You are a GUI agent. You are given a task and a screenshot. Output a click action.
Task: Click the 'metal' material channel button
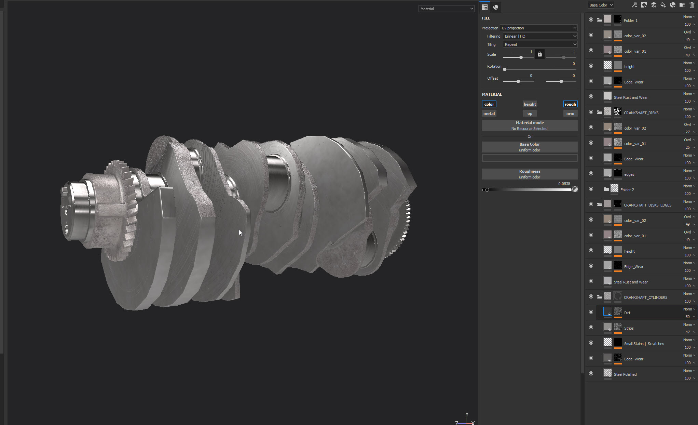coord(489,114)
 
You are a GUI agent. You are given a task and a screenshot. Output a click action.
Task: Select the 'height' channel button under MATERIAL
coord(530,104)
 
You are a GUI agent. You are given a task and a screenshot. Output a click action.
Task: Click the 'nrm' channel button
coord(570,114)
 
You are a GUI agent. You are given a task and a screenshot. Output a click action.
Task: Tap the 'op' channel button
coord(530,114)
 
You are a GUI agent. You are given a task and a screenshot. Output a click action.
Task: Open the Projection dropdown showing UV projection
coord(538,28)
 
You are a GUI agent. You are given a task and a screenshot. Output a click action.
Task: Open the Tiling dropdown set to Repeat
coord(540,44)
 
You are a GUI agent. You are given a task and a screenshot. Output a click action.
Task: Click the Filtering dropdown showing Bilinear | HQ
coord(540,36)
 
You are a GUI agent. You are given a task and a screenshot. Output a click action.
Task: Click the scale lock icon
coord(539,54)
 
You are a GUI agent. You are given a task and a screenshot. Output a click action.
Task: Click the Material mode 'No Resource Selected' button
coord(530,125)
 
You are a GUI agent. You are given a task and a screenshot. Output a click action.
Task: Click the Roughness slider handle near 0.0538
coord(487,190)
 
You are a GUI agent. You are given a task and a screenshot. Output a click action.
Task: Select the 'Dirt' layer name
coord(627,313)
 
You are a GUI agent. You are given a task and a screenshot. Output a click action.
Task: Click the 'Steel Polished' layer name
coord(625,374)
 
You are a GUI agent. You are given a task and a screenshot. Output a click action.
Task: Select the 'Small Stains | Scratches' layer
coord(644,344)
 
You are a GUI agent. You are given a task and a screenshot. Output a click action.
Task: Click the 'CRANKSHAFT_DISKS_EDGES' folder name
coord(647,205)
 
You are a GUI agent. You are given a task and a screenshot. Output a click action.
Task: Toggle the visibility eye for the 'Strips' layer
coord(591,327)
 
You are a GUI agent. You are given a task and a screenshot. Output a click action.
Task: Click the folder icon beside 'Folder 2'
coord(606,189)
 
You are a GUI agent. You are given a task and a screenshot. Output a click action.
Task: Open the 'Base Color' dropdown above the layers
coord(601,5)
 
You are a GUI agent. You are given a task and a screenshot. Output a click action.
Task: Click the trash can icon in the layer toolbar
coord(692,5)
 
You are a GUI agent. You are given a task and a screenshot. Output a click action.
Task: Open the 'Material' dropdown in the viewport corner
coord(446,9)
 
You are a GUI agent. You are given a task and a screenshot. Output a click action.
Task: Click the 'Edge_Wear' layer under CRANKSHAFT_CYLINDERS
coord(633,359)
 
